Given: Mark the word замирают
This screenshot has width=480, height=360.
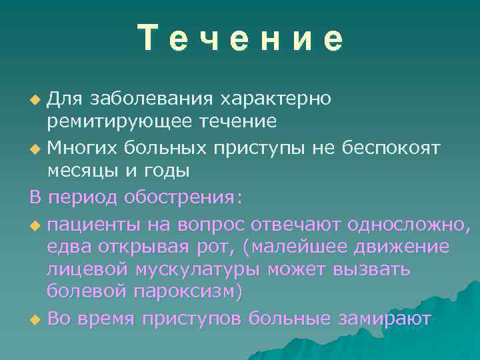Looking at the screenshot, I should click(x=382, y=319).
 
